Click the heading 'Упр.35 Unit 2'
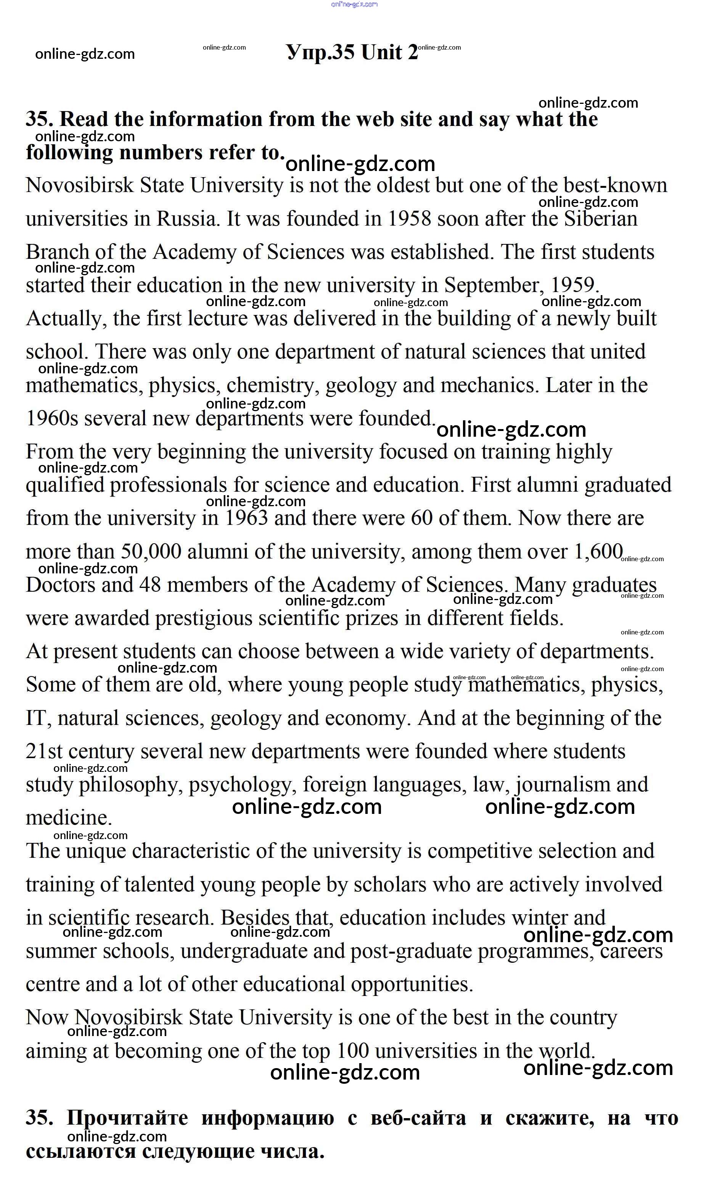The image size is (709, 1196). (352, 52)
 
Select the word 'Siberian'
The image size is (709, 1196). (601, 219)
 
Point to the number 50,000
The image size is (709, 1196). (151, 552)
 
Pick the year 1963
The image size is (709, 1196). (246, 518)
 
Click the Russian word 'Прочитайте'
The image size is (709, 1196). (127, 1119)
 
